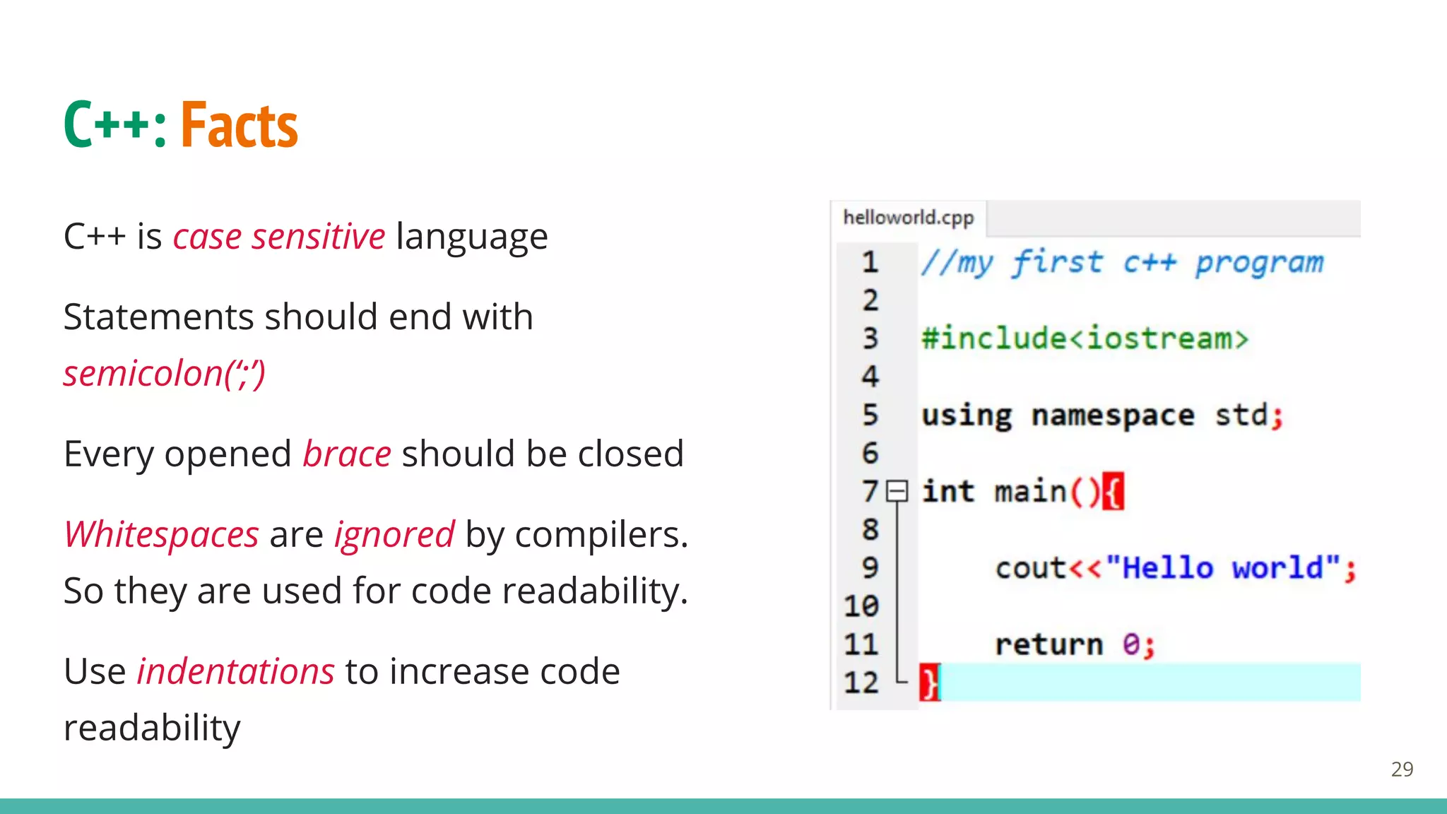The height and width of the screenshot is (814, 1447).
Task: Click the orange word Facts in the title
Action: click(x=239, y=126)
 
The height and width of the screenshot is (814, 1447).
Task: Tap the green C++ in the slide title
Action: click(x=106, y=126)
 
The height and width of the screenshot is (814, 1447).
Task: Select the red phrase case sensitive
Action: click(x=279, y=236)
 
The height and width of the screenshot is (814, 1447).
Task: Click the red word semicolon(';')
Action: click(x=164, y=373)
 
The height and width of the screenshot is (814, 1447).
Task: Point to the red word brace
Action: click(x=347, y=454)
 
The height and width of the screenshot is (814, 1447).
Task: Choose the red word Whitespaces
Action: click(x=162, y=534)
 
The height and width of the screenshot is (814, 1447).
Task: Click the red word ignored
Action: click(x=394, y=534)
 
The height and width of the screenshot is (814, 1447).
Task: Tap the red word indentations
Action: click(x=235, y=671)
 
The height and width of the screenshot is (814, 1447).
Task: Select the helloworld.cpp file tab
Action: click(x=908, y=218)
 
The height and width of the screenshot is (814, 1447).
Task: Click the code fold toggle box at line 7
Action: click(x=897, y=490)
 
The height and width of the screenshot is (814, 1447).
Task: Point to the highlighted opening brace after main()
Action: click(x=1113, y=491)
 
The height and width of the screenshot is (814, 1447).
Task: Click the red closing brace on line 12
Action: click(x=929, y=683)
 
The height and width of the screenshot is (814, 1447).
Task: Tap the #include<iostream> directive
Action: click(x=1085, y=338)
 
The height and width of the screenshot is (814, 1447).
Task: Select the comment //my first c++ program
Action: click(x=1121, y=263)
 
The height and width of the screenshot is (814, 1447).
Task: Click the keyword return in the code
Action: click(x=1049, y=644)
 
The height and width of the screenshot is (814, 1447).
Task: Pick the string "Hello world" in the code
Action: click(x=1223, y=568)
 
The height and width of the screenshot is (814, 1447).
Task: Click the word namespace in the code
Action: click(x=1113, y=415)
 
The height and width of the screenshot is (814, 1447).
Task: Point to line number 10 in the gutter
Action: click(x=861, y=606)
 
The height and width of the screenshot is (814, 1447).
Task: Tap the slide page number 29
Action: click(x=1402, y=769)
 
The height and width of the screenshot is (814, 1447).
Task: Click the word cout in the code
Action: click(x=1030, y=568)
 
